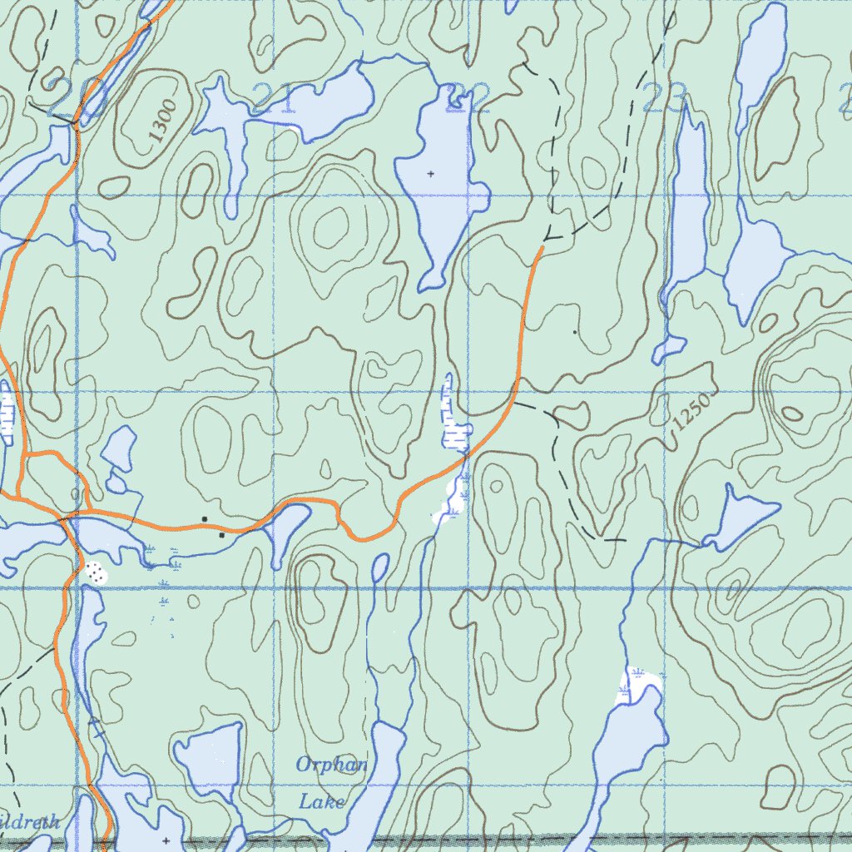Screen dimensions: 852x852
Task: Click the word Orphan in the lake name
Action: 332,765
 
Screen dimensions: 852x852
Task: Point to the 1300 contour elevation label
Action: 163,121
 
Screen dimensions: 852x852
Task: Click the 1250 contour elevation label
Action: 691,412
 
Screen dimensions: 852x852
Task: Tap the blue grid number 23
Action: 664,97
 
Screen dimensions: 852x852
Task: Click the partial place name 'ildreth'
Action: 30,823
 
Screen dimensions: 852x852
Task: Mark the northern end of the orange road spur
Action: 542,246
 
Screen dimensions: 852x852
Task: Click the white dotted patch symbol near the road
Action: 95,572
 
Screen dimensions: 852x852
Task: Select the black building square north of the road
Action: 205,519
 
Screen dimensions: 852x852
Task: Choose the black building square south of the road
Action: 221,535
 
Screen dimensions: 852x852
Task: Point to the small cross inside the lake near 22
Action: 430,173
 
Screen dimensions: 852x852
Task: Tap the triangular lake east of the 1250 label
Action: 737,516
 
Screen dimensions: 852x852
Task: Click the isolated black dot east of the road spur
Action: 574,332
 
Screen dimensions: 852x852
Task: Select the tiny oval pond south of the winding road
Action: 380,568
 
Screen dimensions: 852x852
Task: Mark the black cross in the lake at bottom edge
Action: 166,840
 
